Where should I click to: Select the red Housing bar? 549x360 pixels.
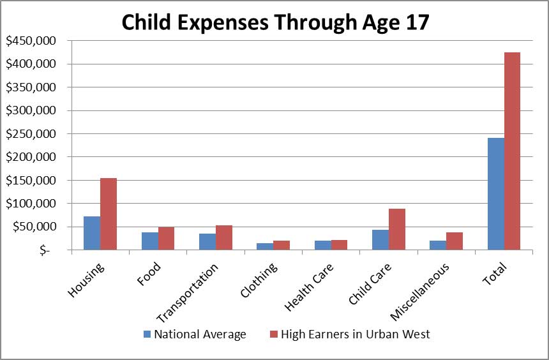[x=109, y=214]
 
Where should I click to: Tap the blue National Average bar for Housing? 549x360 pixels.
[x=92, y=233]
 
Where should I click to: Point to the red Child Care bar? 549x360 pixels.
[x=396, y=229]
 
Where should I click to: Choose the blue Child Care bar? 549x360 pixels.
[x=380, y=239]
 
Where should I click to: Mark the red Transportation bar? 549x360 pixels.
[x=223, y=237]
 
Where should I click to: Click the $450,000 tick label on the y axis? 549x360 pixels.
[x=31, y=41]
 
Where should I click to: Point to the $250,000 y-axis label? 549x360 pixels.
[x=31, y=134]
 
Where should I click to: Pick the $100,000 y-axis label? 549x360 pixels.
[x=31, y=204]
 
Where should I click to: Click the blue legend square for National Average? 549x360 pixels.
[x=148, y=334]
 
